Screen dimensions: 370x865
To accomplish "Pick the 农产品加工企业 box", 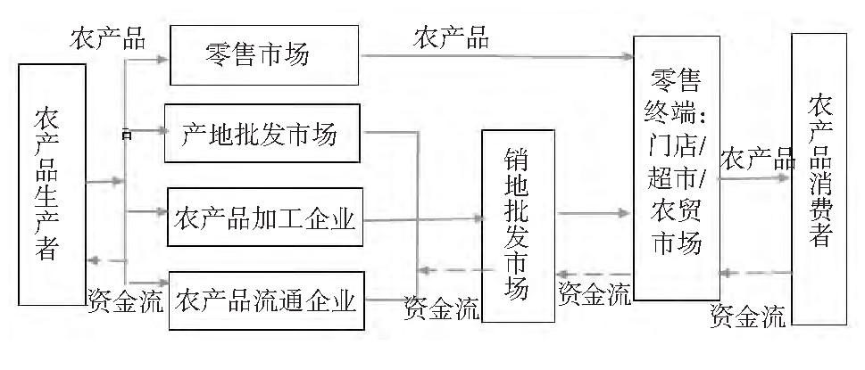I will tap(264, 217).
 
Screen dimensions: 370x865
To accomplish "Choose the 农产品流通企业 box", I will tap(264, 300).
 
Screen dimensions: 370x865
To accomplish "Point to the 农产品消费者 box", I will tap(819, 178).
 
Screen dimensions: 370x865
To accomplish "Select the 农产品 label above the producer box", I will tap(107, 37).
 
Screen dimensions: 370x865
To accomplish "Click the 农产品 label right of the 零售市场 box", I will tap(451, 37).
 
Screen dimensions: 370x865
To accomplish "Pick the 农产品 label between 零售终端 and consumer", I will tap(757, 160).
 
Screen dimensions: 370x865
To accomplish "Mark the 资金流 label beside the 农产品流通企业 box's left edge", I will tap(125, 300).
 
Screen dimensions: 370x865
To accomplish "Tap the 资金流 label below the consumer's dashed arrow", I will tap(748, 314).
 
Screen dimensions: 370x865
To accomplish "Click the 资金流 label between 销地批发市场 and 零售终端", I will tap(594, 292).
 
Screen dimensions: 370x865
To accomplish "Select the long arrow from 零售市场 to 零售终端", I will tap(495, 57).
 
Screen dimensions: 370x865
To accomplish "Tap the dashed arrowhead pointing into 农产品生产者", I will tap(94, 259).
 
